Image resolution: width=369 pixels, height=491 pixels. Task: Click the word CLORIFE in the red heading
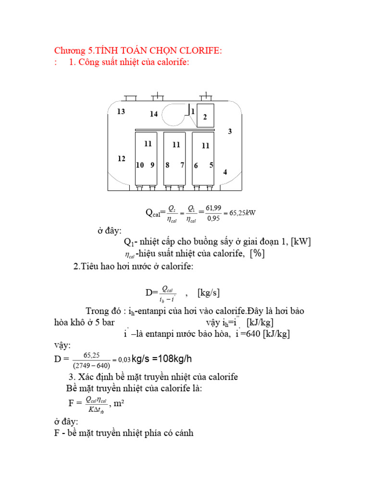(198, 51)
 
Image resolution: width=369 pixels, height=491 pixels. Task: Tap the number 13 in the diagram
(121, 112)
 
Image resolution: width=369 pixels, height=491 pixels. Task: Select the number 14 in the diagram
(154, 114)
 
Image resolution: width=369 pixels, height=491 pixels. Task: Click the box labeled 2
(205, 116)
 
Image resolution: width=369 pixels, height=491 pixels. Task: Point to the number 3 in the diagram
(230, 131)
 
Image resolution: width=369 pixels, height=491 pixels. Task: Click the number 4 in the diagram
(225, 173)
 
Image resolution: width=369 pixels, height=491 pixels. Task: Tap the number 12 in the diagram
(121, 159)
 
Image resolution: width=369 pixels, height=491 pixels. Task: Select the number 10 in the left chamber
(140, 165)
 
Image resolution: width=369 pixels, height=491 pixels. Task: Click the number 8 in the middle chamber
(167, 165)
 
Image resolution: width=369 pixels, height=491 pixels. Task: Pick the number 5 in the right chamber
(211, 165)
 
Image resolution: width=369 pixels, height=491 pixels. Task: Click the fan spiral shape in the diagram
(175, 115)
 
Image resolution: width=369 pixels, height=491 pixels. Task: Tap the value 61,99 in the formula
(213, 208)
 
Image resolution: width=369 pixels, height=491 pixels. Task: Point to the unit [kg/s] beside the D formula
(209, 293)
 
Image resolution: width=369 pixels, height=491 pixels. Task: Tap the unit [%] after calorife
(256, 254)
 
